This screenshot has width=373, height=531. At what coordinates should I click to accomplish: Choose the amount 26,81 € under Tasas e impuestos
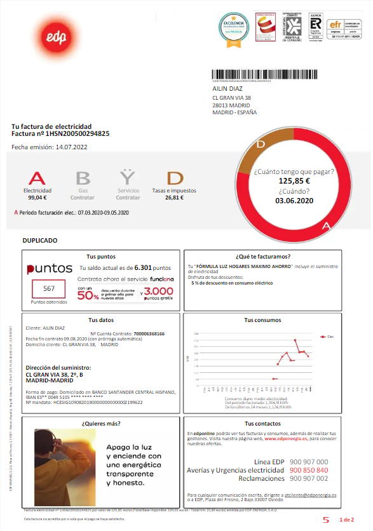click(x=174, y=198)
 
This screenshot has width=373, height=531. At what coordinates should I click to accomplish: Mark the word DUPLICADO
click(x=40, y=241)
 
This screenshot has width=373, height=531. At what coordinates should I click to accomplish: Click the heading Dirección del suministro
click(x=58, y=368)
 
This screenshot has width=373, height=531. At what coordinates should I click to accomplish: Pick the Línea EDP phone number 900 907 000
click(x=308, y=462)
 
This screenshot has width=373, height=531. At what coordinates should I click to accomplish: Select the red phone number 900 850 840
click(x=308, y=470)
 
